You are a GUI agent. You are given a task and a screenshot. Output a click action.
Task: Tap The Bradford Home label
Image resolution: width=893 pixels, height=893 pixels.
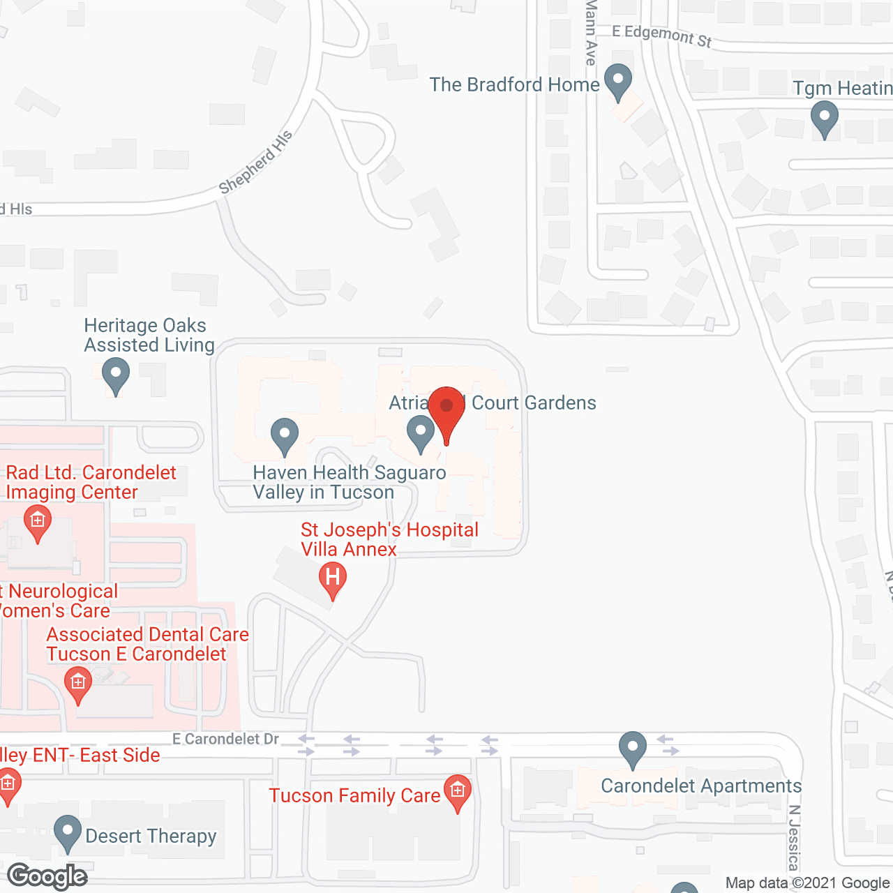click(514, 84)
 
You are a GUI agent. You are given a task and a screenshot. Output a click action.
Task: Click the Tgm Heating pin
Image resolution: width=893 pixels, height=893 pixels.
click(825, 118)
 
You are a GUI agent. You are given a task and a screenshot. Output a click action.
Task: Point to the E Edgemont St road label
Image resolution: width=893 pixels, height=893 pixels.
click(661, 36)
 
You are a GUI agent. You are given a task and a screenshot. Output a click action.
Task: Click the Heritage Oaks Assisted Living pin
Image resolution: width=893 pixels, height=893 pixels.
click(116, 375)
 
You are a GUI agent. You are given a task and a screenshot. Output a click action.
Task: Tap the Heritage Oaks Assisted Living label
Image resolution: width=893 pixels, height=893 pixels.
click(149, 335)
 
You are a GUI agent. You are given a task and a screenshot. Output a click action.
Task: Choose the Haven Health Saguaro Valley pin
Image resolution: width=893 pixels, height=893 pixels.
click(284, 435)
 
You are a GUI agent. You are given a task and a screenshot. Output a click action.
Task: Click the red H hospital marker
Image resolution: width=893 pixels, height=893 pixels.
click(333, 580)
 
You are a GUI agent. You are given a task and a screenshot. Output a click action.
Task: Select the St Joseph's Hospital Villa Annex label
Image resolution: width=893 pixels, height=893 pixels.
click(389, 539)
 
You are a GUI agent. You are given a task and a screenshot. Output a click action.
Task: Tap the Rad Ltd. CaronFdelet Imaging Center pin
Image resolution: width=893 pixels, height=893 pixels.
click(37, 523)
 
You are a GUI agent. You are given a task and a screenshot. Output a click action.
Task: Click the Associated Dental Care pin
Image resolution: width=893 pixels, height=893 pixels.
click(77, 684)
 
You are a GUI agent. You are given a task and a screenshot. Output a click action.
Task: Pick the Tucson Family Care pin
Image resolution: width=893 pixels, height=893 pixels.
click(458, 793)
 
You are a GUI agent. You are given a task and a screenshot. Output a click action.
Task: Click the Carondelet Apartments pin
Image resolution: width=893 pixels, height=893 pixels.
click(632, 749)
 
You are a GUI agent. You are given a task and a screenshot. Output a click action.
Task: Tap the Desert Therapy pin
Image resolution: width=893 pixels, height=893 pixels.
click(68, 833)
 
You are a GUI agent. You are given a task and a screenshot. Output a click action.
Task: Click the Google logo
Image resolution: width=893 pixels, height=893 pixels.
click(47, 876)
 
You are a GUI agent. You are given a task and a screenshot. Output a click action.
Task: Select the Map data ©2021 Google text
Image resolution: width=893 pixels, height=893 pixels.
click(807, 883)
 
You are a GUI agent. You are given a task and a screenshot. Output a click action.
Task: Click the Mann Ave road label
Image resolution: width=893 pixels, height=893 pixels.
click(591, 31)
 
